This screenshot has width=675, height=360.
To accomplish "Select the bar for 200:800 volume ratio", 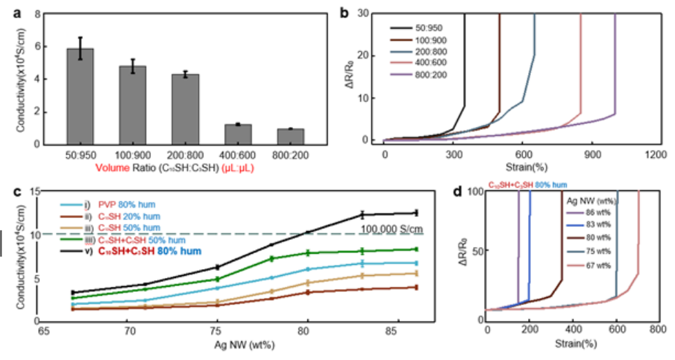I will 185,108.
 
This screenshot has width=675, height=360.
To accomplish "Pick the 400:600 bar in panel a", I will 238,134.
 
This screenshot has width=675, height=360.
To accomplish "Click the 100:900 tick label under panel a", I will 132,155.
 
